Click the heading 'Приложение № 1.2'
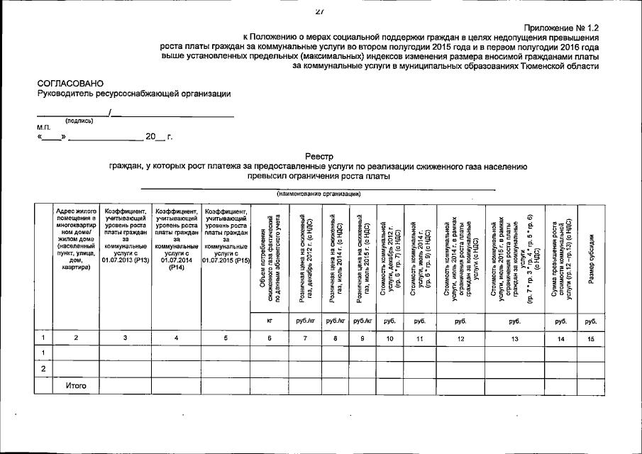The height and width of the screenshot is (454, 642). tap(560, 26)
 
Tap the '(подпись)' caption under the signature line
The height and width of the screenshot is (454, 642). tap(79, 121)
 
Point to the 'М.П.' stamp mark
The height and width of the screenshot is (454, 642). tap(44, 128)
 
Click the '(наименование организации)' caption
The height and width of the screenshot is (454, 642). tap(319, 193)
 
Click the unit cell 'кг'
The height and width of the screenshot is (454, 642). tap(270, 321)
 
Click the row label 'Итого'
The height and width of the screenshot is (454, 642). tap(76, 385)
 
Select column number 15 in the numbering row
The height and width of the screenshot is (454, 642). tap(590, 338)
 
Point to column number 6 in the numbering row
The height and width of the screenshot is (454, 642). tap(270, 338)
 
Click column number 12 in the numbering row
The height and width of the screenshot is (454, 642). tap(460, 338)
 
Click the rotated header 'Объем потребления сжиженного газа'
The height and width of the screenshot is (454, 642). tap(270, 259)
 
